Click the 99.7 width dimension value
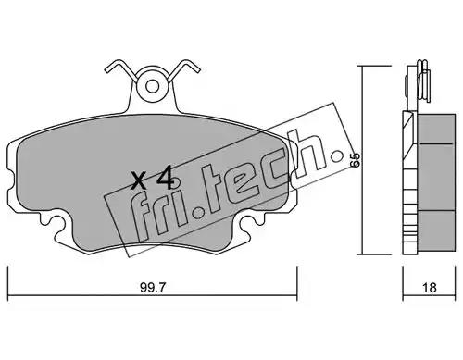click(153, 288)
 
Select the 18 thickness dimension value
click(430, 288)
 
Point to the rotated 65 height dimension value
click(356, 160)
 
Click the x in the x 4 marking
click(139, 181)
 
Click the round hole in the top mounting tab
click(153, 87)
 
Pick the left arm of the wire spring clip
click(121, 68)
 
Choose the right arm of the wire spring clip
click(184, 68)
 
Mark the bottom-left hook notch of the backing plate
click(53, 223)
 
